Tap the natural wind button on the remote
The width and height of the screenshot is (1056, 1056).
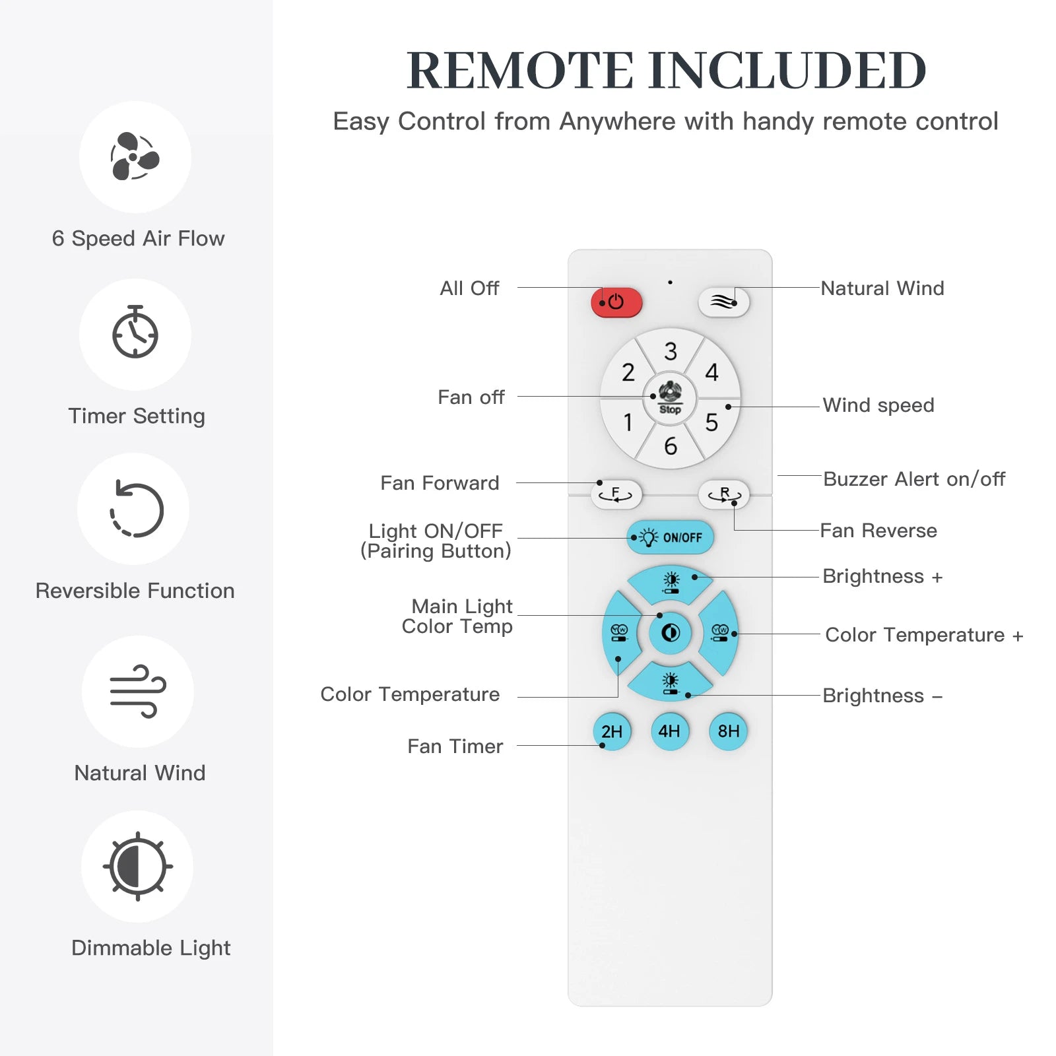click(x=723, y=303)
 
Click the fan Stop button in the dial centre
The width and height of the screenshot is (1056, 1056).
click(x=670, y=398)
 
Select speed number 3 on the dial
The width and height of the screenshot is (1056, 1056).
click(x=671, y=351)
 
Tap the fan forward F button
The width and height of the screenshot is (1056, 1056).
click(x=616, y=494)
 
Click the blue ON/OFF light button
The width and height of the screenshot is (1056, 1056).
click(x=670, y=537)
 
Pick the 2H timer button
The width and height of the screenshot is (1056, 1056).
click(x=612, y=731)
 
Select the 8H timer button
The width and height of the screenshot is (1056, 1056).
click(x=728, y=731)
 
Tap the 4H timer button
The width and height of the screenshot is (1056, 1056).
click(x=669, y=731)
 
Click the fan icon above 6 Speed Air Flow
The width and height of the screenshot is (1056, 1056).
click(x=135, y=157)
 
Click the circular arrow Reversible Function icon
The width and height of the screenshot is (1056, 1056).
click(x=136, y=510)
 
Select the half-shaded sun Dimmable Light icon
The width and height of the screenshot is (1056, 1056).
click(x=137, y=866)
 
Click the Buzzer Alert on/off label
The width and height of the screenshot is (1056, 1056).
click(x=914, y=479)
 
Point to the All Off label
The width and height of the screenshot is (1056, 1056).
click(x=469, y=288)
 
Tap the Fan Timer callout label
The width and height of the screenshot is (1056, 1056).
click(x=455, y=746)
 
